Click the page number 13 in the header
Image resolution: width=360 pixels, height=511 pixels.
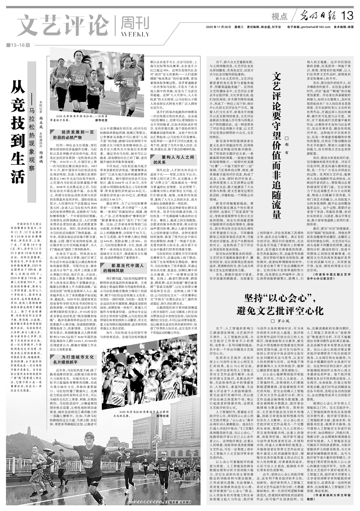[347, 16]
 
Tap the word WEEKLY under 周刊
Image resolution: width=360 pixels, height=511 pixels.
[135, 35]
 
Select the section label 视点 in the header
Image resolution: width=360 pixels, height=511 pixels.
[279, 17]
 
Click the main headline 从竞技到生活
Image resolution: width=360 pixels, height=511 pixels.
[18, 131]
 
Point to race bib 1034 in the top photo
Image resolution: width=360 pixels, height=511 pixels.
[79, 78]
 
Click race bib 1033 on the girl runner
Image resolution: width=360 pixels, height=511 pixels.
[130, 82]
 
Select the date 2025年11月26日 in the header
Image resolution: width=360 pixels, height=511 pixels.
[218, 27]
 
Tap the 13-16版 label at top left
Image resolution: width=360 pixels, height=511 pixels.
[20, 45]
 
